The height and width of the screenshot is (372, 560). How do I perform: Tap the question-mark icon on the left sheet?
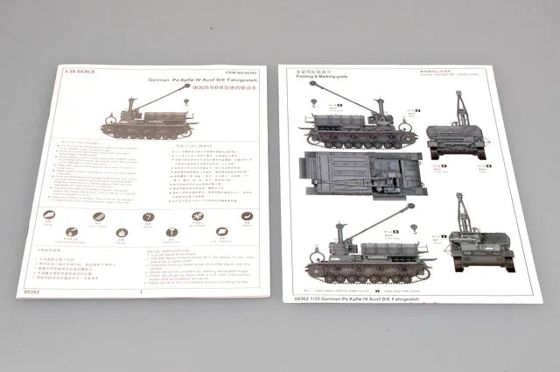[148, 217]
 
